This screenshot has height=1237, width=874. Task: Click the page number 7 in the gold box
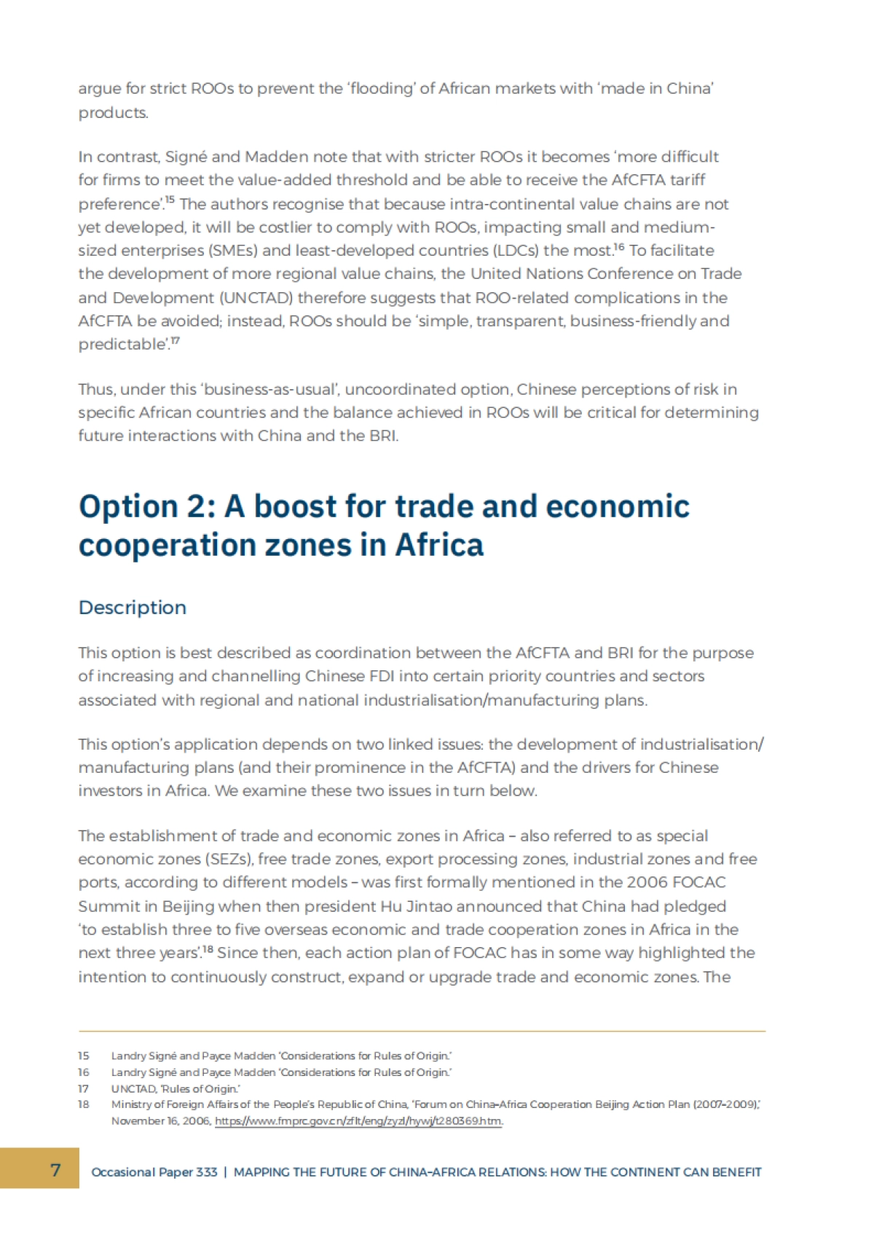[55, 1169]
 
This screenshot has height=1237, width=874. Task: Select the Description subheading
[133, 608]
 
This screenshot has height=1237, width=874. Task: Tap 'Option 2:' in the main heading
[146, 506]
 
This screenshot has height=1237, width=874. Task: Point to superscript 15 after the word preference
[169, 200]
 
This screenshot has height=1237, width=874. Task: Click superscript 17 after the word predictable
[175, 340]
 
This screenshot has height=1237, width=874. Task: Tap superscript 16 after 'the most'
[618, 247]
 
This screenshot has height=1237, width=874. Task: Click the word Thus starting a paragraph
[95, 389]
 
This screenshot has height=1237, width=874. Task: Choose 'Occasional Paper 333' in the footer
[154, 1172]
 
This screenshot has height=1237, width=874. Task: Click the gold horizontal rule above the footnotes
[422, 1031]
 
